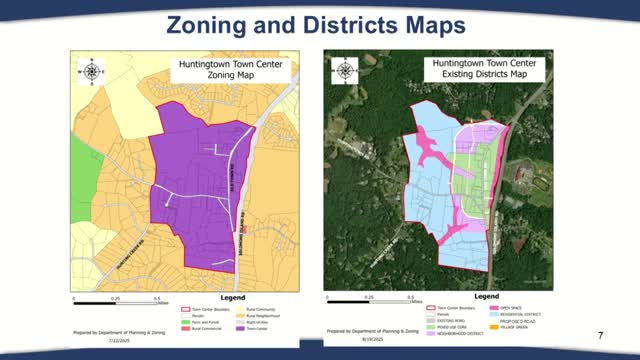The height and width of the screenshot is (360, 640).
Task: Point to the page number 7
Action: pos(599,334)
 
